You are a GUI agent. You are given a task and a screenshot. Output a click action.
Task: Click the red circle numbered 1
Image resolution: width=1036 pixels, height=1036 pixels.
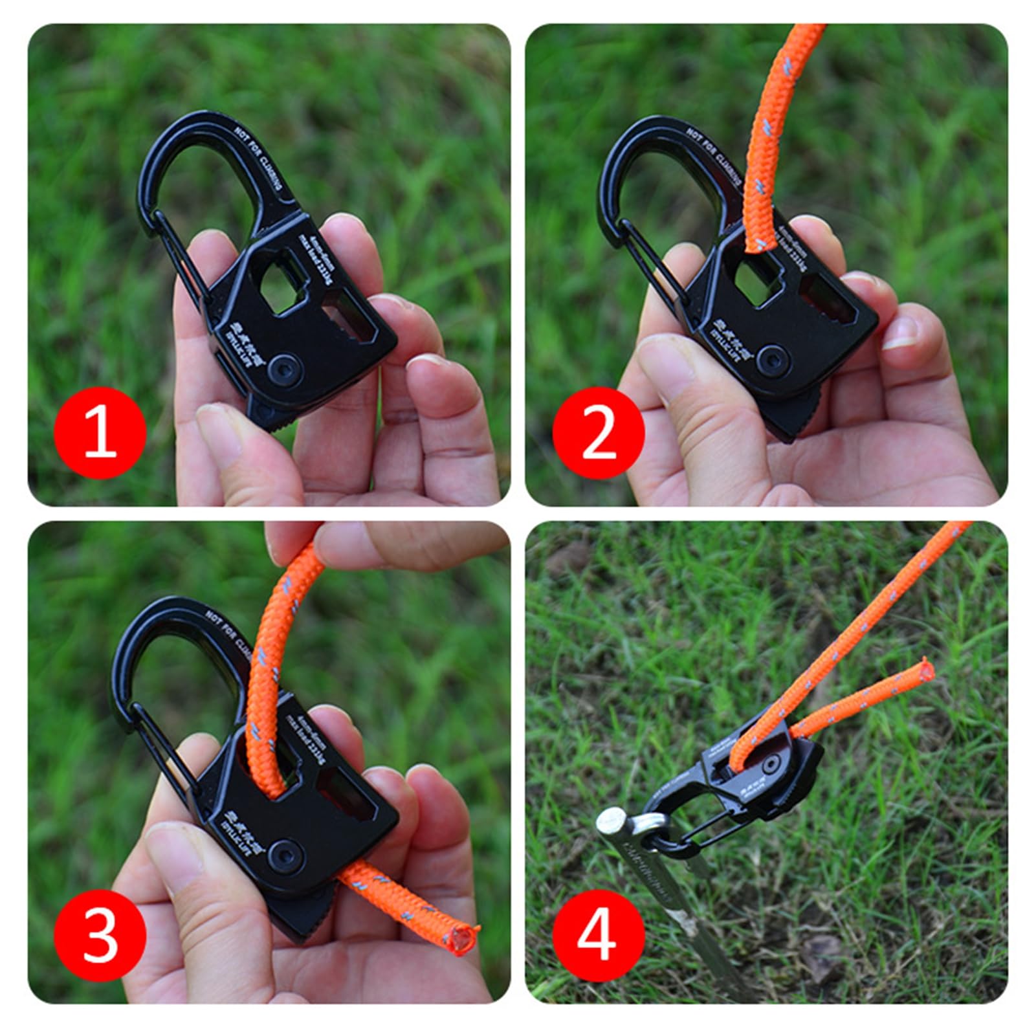point(100,432)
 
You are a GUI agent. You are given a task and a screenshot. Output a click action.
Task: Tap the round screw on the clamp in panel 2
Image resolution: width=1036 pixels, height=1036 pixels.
point(771,357)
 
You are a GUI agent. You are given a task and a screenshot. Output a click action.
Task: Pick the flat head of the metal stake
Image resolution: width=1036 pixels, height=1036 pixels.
point(612,823)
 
